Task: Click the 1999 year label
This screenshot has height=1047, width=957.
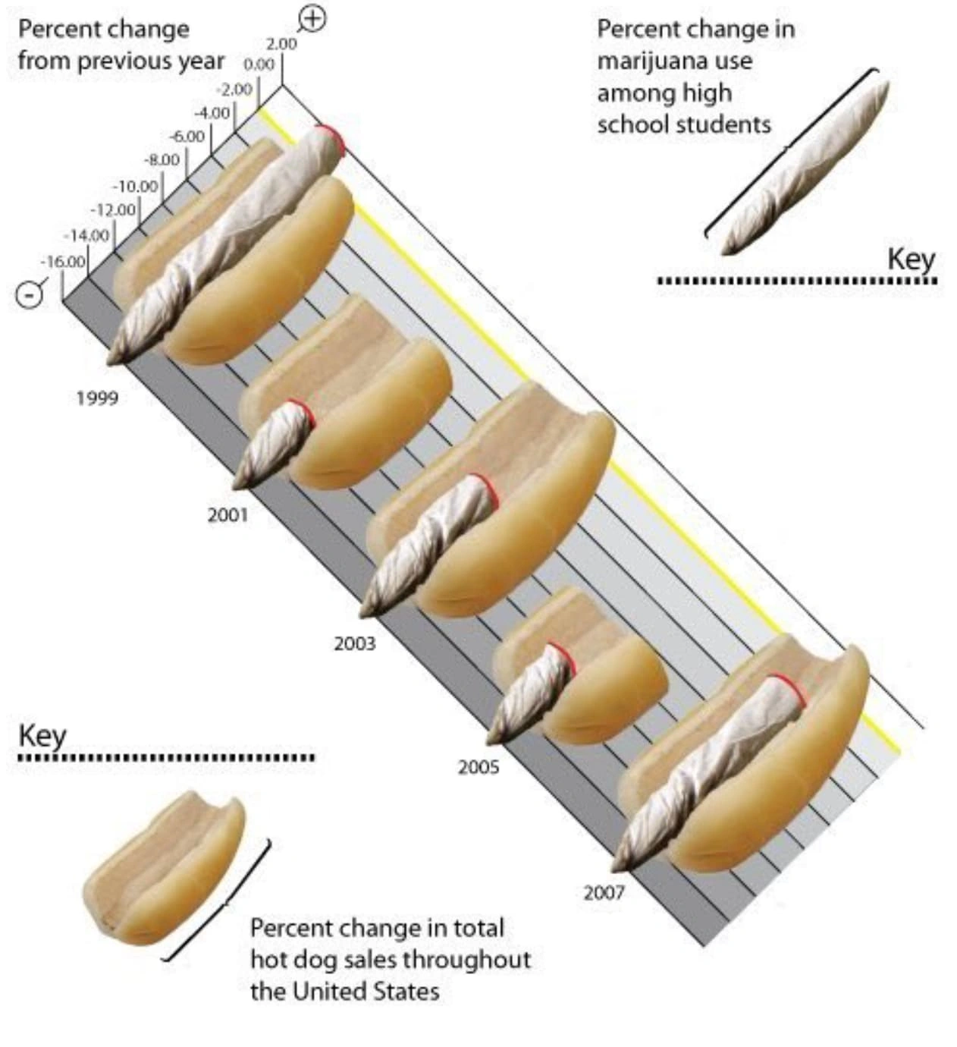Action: click(x=97, y=398)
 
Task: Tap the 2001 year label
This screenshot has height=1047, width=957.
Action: click(x=227, y=515)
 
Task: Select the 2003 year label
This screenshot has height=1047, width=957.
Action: click(x=354, y=643)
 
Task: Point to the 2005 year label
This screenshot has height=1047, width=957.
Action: click(x=478, y=767)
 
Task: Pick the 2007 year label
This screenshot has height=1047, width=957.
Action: click(x=604, y=892)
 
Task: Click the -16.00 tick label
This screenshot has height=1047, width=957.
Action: click(x=63, y=262)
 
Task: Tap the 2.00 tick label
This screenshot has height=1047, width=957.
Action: click(x=281, y=45)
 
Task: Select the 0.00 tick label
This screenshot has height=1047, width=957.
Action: click(x=259, y=65)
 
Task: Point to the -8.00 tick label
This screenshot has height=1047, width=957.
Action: click(x=162, y=160)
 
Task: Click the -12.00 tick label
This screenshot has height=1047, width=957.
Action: click(x=113, y=209)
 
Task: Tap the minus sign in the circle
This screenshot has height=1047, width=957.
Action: click(x=30, y=294)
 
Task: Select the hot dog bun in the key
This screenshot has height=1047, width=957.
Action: click(x=163, y=869)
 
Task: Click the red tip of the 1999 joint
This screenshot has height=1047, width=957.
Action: click(x=331, y=140)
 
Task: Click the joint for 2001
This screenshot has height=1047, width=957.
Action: click(x=273, y=444)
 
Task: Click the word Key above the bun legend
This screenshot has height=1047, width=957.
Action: click(x=42, y=736)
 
